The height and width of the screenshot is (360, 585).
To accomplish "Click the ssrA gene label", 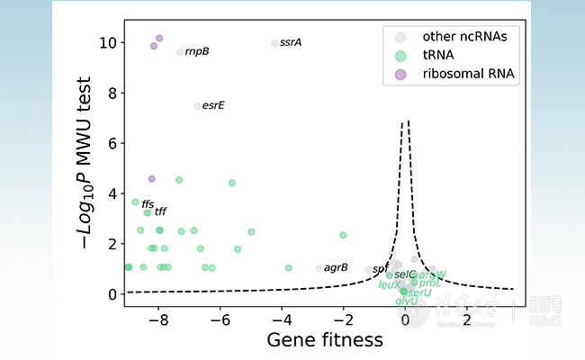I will tap(291, 42).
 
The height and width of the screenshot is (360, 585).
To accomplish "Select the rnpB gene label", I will tap(197, 52).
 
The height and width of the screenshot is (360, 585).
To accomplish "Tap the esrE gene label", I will tap(213, 106).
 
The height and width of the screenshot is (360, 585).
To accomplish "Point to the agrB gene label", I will tap(336, 267).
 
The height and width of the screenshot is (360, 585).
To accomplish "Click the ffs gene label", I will tap(148, 204).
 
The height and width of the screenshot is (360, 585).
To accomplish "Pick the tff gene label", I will tap(160, 212).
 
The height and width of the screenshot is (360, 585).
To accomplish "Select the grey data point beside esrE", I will tap(198, 106).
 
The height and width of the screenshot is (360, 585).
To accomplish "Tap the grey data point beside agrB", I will tap(319, 268).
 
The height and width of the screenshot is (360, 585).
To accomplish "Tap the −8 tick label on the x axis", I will tap(158, 319).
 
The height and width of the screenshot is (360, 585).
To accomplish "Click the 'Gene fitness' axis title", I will tap(325, 341).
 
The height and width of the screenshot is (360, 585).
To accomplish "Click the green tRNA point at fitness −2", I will tap(343, 235).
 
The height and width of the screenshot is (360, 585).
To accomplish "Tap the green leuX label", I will tap(389, 284).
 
